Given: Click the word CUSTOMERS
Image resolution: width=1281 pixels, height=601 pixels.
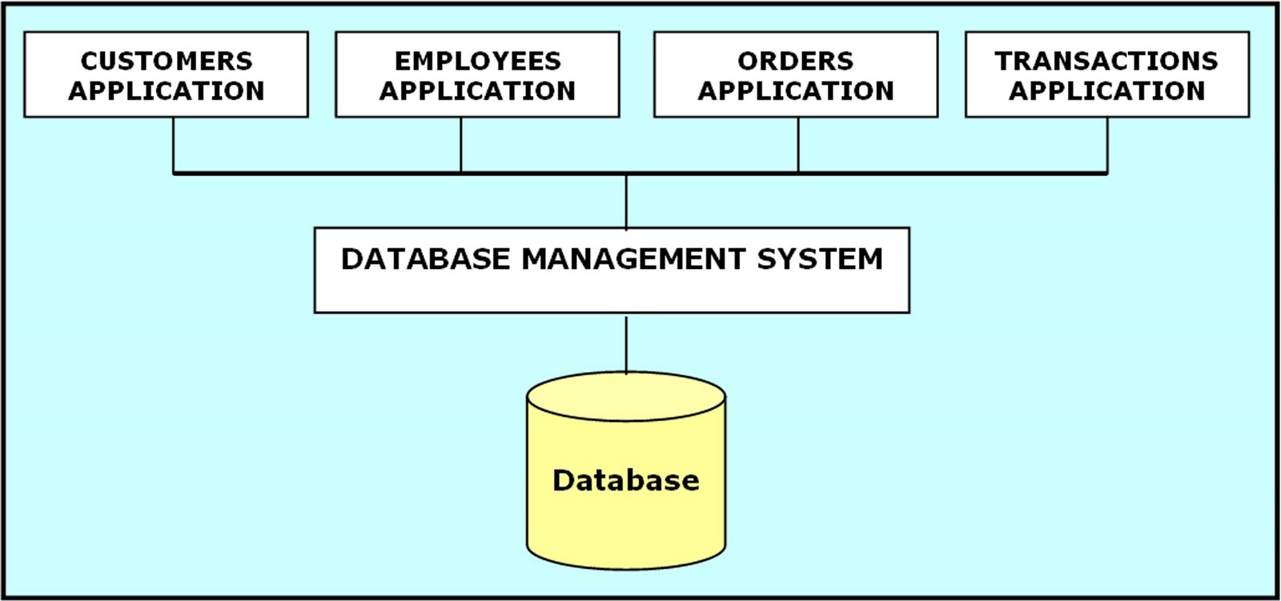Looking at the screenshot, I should [x=167, y=61].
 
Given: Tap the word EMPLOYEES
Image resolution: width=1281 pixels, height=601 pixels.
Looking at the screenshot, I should [x=478, y=61].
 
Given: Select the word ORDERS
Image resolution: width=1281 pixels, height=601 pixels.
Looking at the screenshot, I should [x=796, y=61].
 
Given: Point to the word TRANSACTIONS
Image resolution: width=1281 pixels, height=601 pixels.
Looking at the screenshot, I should [x=1106, y=61].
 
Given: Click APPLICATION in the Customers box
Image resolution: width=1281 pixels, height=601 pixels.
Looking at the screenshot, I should [x=167, y=91].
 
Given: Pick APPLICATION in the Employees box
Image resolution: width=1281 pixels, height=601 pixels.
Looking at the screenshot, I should [x=478, y=91].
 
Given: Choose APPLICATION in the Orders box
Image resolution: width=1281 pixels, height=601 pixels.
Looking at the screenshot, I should [x=796, y=91].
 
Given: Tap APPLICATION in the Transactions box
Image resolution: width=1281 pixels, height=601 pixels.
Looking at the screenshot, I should [x=1106, y=91].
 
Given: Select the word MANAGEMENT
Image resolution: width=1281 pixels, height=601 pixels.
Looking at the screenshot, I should [x=633, y=259].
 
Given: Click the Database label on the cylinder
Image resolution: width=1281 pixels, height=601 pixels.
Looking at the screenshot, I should [x=626, y=480].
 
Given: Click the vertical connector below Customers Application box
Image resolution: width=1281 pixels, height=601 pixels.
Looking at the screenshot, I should [x=174, y=145].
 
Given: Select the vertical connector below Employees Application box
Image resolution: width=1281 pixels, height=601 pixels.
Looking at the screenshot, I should [x=461, y=145].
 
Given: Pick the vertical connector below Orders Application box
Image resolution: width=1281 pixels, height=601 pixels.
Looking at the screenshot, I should [x=798, y=145].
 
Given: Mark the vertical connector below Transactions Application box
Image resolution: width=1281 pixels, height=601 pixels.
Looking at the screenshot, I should [x=1107, y=145].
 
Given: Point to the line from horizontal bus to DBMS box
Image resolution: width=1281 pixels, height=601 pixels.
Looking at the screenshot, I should [x=626, y=201].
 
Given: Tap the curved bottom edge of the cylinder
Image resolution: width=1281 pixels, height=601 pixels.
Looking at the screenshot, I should [x=626, y=568].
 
